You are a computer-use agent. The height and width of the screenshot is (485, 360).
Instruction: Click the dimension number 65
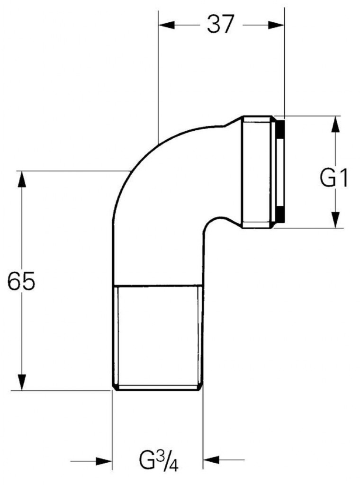pos(21,281)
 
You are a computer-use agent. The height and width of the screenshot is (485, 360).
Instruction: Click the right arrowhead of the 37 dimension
pos(276,25)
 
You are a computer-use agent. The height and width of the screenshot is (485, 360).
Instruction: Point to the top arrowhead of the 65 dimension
pos(21,179)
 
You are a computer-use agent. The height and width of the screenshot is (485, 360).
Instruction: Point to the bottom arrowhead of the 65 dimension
pos(21,382)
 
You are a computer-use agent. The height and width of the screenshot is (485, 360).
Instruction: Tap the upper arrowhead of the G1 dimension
pos(335,125)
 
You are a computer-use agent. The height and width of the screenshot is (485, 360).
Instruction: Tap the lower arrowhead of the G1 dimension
pos(335,220)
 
